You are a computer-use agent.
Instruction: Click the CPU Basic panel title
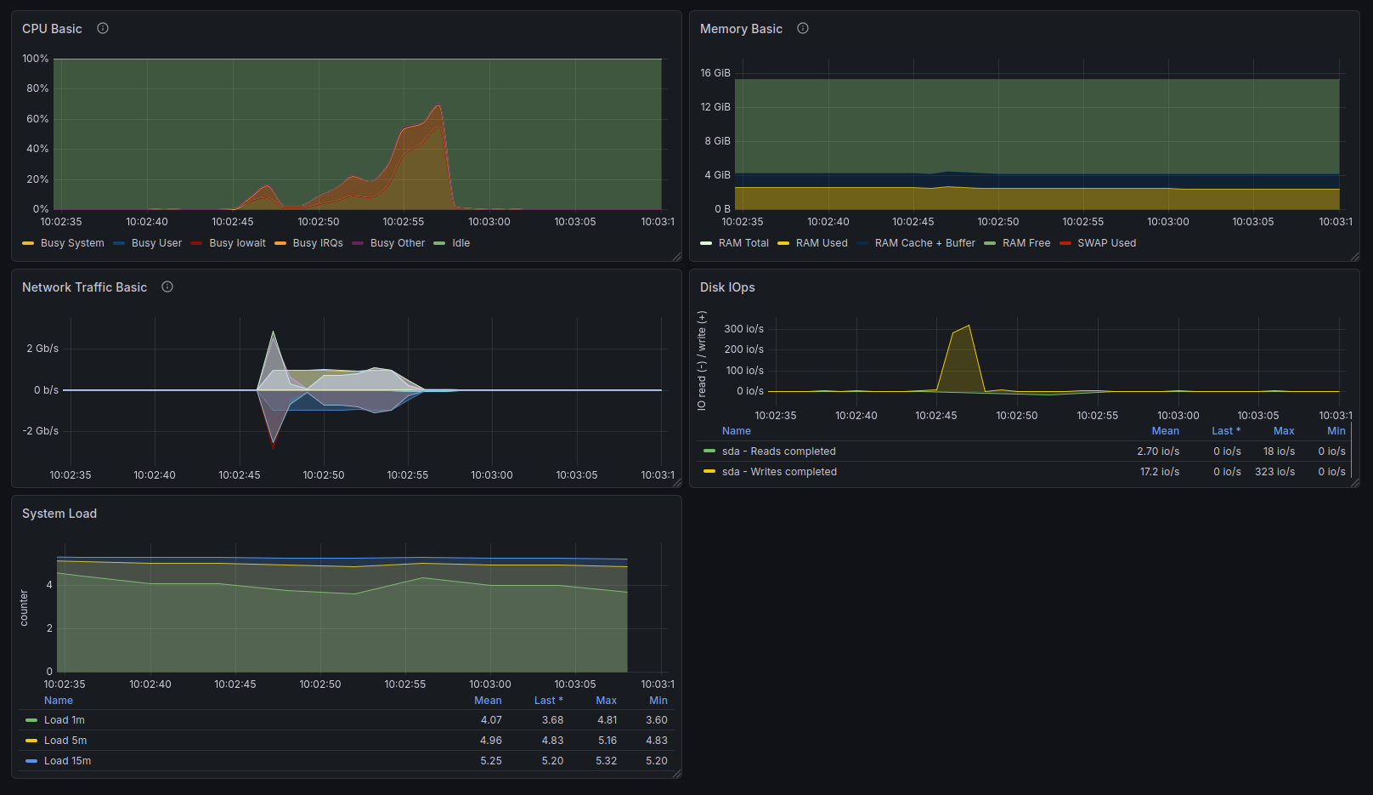tap(52, 29)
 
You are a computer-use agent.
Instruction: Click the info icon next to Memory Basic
tap(802, 28)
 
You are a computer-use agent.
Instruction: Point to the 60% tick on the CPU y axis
tap(37, 118)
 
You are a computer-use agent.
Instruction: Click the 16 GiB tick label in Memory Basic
tap(715, 73)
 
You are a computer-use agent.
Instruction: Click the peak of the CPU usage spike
tap(438, 105)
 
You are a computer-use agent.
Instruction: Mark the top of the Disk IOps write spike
tap(969, 326)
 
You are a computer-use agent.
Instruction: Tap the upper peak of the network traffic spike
tap(273, 332)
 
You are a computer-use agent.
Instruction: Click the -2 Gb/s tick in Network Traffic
tap(41, 430)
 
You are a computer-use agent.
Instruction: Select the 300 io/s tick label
tap(743, 329)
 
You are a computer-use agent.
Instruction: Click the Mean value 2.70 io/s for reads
tap(1158, 451)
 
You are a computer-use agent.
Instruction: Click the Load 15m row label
tap(67, 761)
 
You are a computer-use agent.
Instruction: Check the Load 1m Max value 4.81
tap(607, 720)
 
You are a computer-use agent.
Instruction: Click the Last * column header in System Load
tap(549, 701)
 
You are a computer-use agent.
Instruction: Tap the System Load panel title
tap(59, 514)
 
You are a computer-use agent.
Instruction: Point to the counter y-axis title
tap(24, 608)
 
